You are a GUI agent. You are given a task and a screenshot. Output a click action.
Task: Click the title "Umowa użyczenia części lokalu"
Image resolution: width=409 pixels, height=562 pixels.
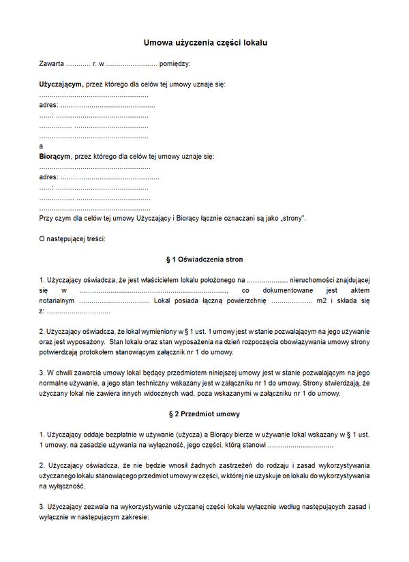click(x=204, y=42)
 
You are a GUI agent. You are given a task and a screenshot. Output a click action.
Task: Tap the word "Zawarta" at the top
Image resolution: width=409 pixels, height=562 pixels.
click(x=52, y=63)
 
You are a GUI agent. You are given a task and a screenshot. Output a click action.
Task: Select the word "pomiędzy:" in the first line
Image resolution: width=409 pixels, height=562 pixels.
click(x=175, y=63)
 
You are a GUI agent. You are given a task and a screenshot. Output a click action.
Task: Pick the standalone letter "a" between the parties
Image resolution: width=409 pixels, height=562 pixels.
click(x=42, y=146)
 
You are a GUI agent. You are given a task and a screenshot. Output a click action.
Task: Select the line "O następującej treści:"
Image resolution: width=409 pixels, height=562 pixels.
click(x=72, y=239)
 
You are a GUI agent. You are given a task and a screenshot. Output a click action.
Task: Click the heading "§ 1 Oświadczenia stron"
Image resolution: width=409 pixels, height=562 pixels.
click(x=204, y=260)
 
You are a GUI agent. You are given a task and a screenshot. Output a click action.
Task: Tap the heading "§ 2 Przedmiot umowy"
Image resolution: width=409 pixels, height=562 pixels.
click(x=204, y=413)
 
